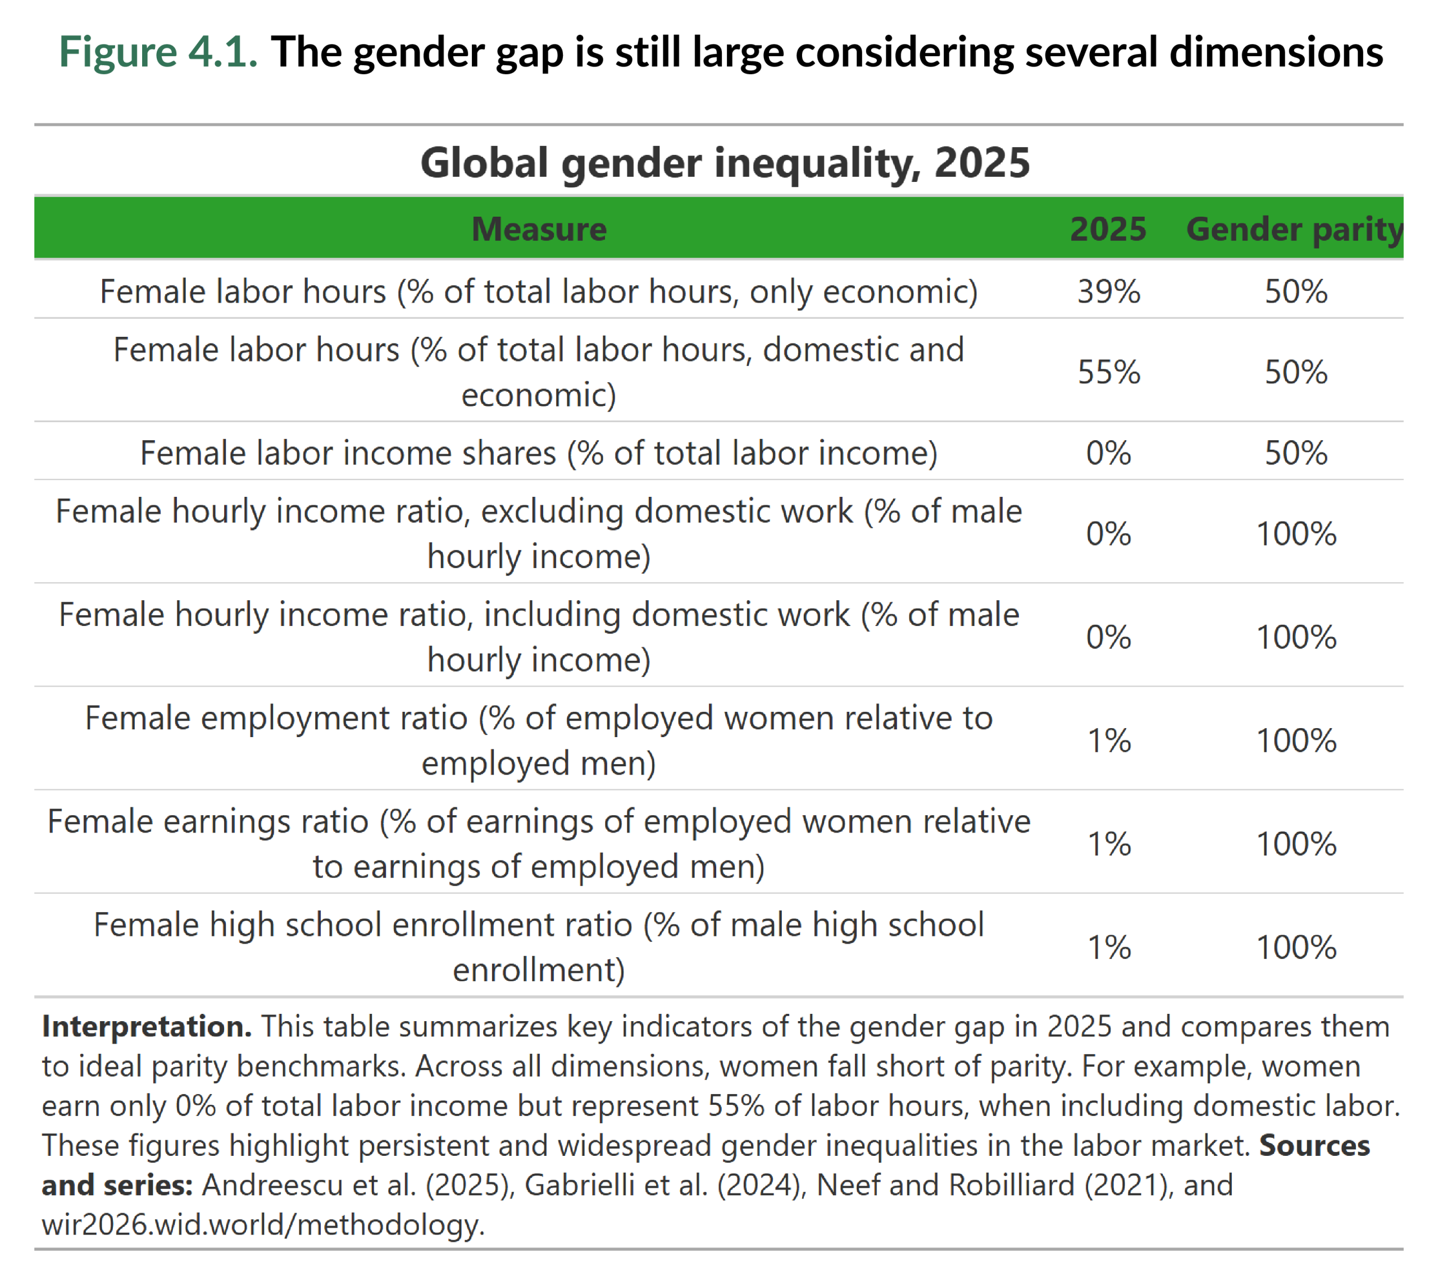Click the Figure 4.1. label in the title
(x=158, y=52)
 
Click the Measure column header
(x=538, y=228)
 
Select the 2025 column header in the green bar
(x=1108, y=228)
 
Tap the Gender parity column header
(x=1294, y=228)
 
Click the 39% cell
(x=1108, y=291)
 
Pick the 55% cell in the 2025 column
(x=1108, y=372)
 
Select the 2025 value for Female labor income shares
(x=1108, y=452)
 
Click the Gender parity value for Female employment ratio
(x=1295, y=740)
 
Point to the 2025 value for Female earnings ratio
(x=1108, y=844)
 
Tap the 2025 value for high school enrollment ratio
(x=1108, y=948)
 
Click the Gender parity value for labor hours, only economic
(x=1295, y=291)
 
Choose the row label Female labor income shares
(x=538, y=452)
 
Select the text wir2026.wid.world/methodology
(x=263, y=1224)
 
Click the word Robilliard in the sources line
(x=1011, y=1185)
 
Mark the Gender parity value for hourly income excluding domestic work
(x=1295, y=534)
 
